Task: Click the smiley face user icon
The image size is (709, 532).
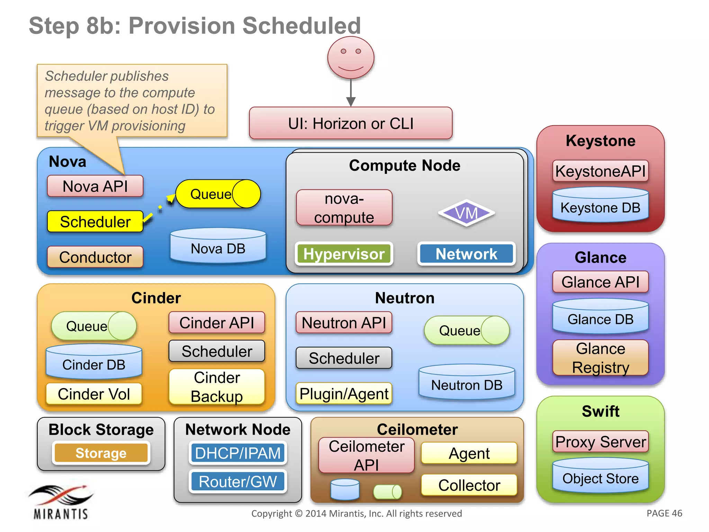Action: (x=351, y=58)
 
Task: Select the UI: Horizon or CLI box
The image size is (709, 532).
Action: (x=351, y=124)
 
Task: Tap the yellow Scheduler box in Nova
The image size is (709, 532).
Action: (x=95, y=222)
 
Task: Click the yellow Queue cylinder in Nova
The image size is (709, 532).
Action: (x=218, y=194)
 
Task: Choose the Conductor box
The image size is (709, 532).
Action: (x=95, y=257)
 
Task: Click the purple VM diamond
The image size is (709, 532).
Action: (x=466, y=213)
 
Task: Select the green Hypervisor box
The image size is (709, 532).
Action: (x=344, y=254)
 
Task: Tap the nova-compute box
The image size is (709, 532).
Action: (x=344, y=208)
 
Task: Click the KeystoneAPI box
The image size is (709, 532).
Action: (x=600, y=171)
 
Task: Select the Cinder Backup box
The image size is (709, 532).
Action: (x=217, y=387)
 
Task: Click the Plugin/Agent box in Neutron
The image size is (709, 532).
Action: (x=344, y=394)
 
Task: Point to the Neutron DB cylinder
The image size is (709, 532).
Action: (x=466, y=383)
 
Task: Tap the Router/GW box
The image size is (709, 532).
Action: (x=238, y=482)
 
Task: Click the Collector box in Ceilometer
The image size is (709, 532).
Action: (x=469, y=485)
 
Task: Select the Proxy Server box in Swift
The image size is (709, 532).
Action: (x=600, y=442)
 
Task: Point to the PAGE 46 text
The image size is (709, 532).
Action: (x=664, y=513)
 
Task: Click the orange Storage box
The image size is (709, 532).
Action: (x=101, y=453)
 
